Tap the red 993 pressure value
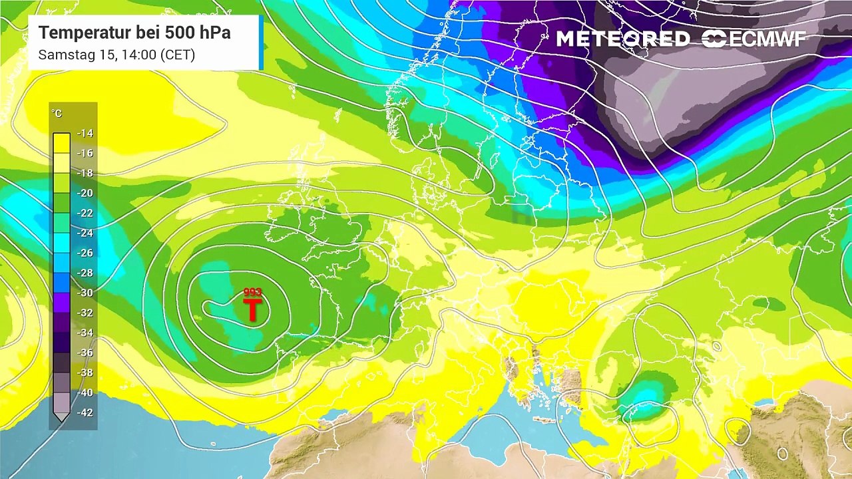point(253,293)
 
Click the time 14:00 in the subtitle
point(139,55)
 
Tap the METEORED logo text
point(622,39)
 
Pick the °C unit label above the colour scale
point(57,114)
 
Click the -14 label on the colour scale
point(85,133)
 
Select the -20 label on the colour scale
point(85,193)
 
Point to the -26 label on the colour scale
point(85,253)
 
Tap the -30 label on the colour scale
point(85,293)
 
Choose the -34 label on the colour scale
point(85,333)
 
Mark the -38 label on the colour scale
point(85,373)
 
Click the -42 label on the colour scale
point(85,412)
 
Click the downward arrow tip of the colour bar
point(61,418)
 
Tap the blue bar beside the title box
point(261,43)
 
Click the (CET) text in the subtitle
point(178,55)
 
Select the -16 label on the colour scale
point(85,153)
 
